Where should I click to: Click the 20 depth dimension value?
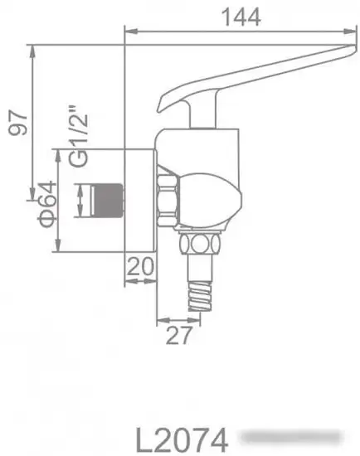coord(142,266)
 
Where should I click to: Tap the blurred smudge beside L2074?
coord(290,436)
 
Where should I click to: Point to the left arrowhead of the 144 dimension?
coord(128,32)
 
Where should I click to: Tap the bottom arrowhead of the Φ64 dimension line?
coord(57,249)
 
